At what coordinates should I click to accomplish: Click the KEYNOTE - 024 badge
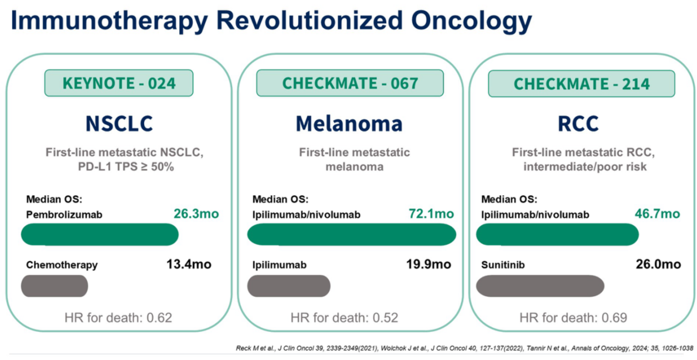click(119, 83)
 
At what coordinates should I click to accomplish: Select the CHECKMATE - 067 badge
click(350, 83)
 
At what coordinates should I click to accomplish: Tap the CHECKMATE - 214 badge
click(582, 84)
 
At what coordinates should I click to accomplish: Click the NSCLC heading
click(119, 124)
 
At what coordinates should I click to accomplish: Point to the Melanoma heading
click(349, 124)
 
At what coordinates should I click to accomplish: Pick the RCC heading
click(578, 124)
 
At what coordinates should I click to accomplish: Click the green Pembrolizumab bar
click(100, 234)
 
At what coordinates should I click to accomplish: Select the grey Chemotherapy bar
click(54, 286)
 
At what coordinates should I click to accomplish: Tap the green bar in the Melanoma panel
click(352, 234)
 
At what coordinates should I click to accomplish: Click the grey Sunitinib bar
click(540, 286)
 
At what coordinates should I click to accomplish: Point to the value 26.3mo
click(196, 214)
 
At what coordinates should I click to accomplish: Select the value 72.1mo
click(431, 214)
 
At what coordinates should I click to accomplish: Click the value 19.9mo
click(429, 264)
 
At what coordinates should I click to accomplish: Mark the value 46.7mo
click(658, 214)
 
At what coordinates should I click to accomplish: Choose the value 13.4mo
click(189, 264)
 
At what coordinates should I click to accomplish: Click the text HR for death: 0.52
click(344, 318)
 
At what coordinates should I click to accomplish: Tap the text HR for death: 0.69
click(573, 318)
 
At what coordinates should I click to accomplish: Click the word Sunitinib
click(503, 265)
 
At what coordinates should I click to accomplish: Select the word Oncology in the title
click(471, 21)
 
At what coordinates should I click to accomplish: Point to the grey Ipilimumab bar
click(289, 286)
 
